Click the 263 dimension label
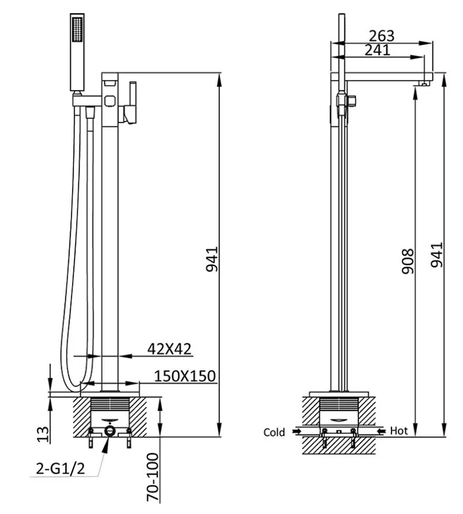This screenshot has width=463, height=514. (382, 36)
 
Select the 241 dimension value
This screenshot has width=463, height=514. (378, 50)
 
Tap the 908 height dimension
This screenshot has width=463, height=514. (408, 261)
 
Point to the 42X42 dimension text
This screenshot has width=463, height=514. (169, 349)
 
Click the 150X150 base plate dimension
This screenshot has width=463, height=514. (185, 376)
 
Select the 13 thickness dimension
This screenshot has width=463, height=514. (43, 435)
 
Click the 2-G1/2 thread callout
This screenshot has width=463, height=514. (60, 469)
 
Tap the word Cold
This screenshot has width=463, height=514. (274, 433)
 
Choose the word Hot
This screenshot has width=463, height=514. (399, 431)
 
